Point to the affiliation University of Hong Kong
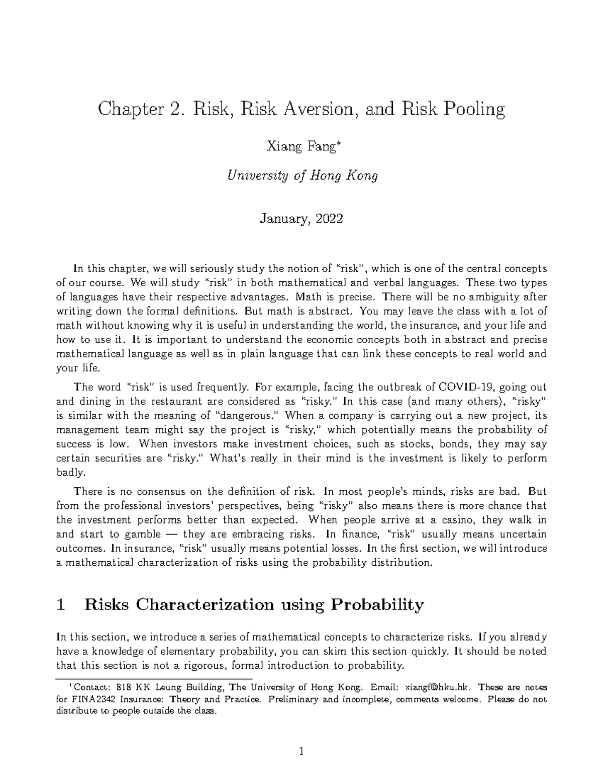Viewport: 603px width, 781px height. point(302,176)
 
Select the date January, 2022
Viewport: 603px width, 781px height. point(301,219)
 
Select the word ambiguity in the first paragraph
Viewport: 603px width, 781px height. point(497,297)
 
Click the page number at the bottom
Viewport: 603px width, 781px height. point(301,752)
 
